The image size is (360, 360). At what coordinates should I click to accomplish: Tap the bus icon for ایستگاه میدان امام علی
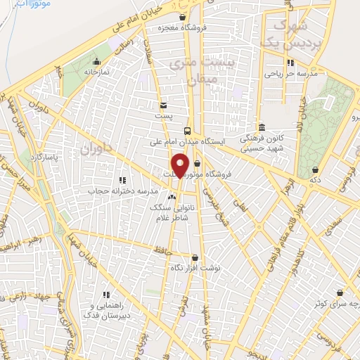click(187, 130)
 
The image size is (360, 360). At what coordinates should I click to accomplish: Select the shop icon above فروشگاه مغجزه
click(183, 17)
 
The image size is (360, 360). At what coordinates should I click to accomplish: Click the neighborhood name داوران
click(96, 148)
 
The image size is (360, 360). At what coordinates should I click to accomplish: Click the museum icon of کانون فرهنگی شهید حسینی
click(262, 127)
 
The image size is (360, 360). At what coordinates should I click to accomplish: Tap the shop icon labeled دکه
click(314, 169)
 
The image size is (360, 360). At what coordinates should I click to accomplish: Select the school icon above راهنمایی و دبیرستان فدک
click(107, 295)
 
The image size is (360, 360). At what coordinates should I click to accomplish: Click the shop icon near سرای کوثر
click(340, 292)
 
